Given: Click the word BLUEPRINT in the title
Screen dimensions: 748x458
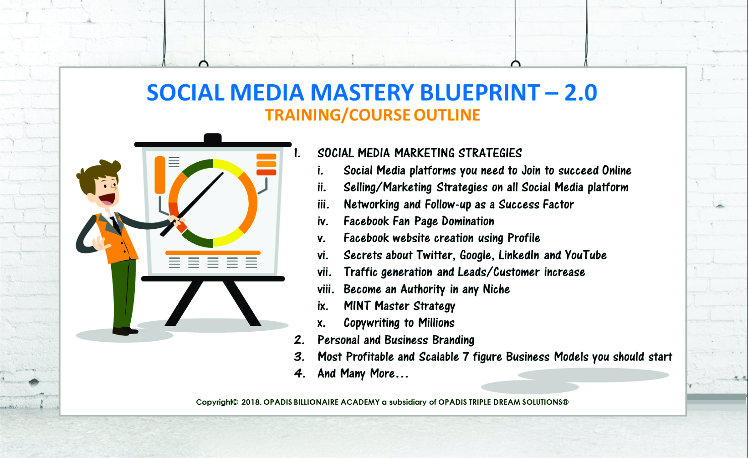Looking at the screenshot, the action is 480,92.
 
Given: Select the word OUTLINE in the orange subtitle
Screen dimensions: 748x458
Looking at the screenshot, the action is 447,115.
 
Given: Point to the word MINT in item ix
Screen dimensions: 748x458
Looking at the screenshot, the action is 357,306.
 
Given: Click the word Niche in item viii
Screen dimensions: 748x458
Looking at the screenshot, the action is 496,289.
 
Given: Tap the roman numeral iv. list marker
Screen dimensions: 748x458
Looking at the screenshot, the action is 323,221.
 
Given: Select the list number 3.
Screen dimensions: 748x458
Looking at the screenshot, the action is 299,357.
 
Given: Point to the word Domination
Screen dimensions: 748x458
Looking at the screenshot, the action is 468,221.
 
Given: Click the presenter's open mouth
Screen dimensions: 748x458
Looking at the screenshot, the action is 108,199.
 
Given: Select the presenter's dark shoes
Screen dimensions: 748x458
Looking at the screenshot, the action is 125,331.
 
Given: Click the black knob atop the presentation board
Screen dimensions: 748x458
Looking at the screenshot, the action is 213,138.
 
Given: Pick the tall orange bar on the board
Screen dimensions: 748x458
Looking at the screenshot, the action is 160,175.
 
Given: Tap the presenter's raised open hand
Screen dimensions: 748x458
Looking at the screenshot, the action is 100,243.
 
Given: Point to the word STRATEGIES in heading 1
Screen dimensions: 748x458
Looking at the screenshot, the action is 490,153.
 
